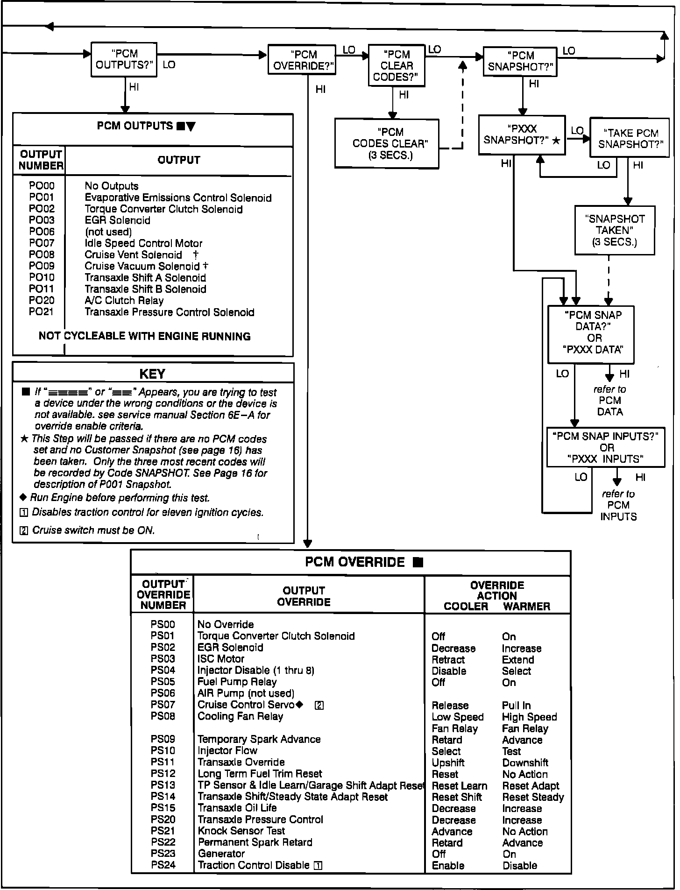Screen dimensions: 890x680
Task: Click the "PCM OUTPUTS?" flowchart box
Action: [124, 59]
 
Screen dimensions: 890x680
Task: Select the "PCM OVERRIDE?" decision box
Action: [302, 60]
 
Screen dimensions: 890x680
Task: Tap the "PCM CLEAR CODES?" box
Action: [397, 66]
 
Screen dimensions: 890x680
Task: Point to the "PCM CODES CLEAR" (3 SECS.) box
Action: [387, 144]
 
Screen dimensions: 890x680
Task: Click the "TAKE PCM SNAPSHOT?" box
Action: [629, 139]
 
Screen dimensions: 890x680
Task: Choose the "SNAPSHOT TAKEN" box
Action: [615, 231]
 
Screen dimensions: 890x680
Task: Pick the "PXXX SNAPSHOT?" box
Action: [521, 135]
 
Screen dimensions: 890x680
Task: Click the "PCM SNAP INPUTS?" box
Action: [605, 448]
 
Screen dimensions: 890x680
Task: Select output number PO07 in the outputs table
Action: [42, 243]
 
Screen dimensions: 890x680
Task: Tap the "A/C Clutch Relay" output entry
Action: [124, 301]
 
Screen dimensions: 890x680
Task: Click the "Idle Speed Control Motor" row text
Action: [143, 243]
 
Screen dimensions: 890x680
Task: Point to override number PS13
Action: [163, 785]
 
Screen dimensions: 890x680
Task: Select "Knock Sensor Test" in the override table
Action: [241, 831]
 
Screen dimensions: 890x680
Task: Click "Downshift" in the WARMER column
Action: [525, 763]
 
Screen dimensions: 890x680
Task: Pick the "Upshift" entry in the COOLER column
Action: [448, 763]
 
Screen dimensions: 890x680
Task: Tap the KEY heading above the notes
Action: [152, 374]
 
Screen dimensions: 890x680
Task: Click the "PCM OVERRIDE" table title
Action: [355, 562]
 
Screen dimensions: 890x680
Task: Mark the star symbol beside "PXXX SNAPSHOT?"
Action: [556, 140]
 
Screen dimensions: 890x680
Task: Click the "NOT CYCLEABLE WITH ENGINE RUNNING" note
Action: [144, 336]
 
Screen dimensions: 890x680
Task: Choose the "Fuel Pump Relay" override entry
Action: [237, 682]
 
